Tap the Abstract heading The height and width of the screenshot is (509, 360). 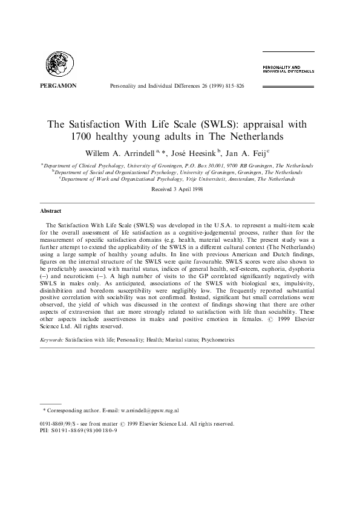coord(50,211)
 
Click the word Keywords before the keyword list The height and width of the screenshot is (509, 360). coord(51,340)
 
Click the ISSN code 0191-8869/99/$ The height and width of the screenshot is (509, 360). coord(65,424)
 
